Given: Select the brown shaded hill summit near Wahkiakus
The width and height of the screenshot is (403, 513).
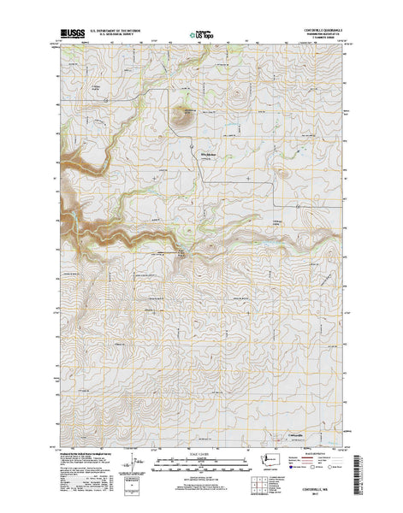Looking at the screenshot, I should click(x=181, y=118).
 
